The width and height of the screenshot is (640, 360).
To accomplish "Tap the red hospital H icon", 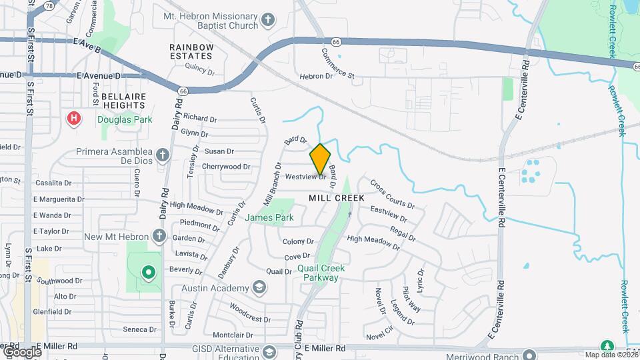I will [x=74, y=119].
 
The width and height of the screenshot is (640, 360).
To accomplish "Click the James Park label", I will [x=269, y=217].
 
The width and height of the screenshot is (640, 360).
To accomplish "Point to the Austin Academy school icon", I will [x=259, y=288].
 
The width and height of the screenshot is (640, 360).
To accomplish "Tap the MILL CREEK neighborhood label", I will [x=337, y=198].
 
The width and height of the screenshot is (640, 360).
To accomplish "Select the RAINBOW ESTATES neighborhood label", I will [x=191, y=51].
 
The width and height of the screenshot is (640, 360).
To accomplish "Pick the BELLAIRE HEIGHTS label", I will [x=124, y=101].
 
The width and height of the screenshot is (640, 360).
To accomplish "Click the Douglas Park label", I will [x=125, y=120].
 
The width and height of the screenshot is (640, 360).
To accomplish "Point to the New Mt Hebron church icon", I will [x=158, y=236].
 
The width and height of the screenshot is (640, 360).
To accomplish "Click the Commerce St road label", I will [x=338, y=63].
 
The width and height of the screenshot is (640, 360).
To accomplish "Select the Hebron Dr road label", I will [x=316, y=77].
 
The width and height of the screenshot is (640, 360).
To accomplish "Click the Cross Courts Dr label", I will [x=392, y=193].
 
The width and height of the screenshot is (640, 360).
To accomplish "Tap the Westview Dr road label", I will [x=305, y=177].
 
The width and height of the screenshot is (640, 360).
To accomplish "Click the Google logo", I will [x=21, y=351].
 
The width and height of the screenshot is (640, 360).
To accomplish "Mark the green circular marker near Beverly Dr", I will [x=148, y=272].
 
